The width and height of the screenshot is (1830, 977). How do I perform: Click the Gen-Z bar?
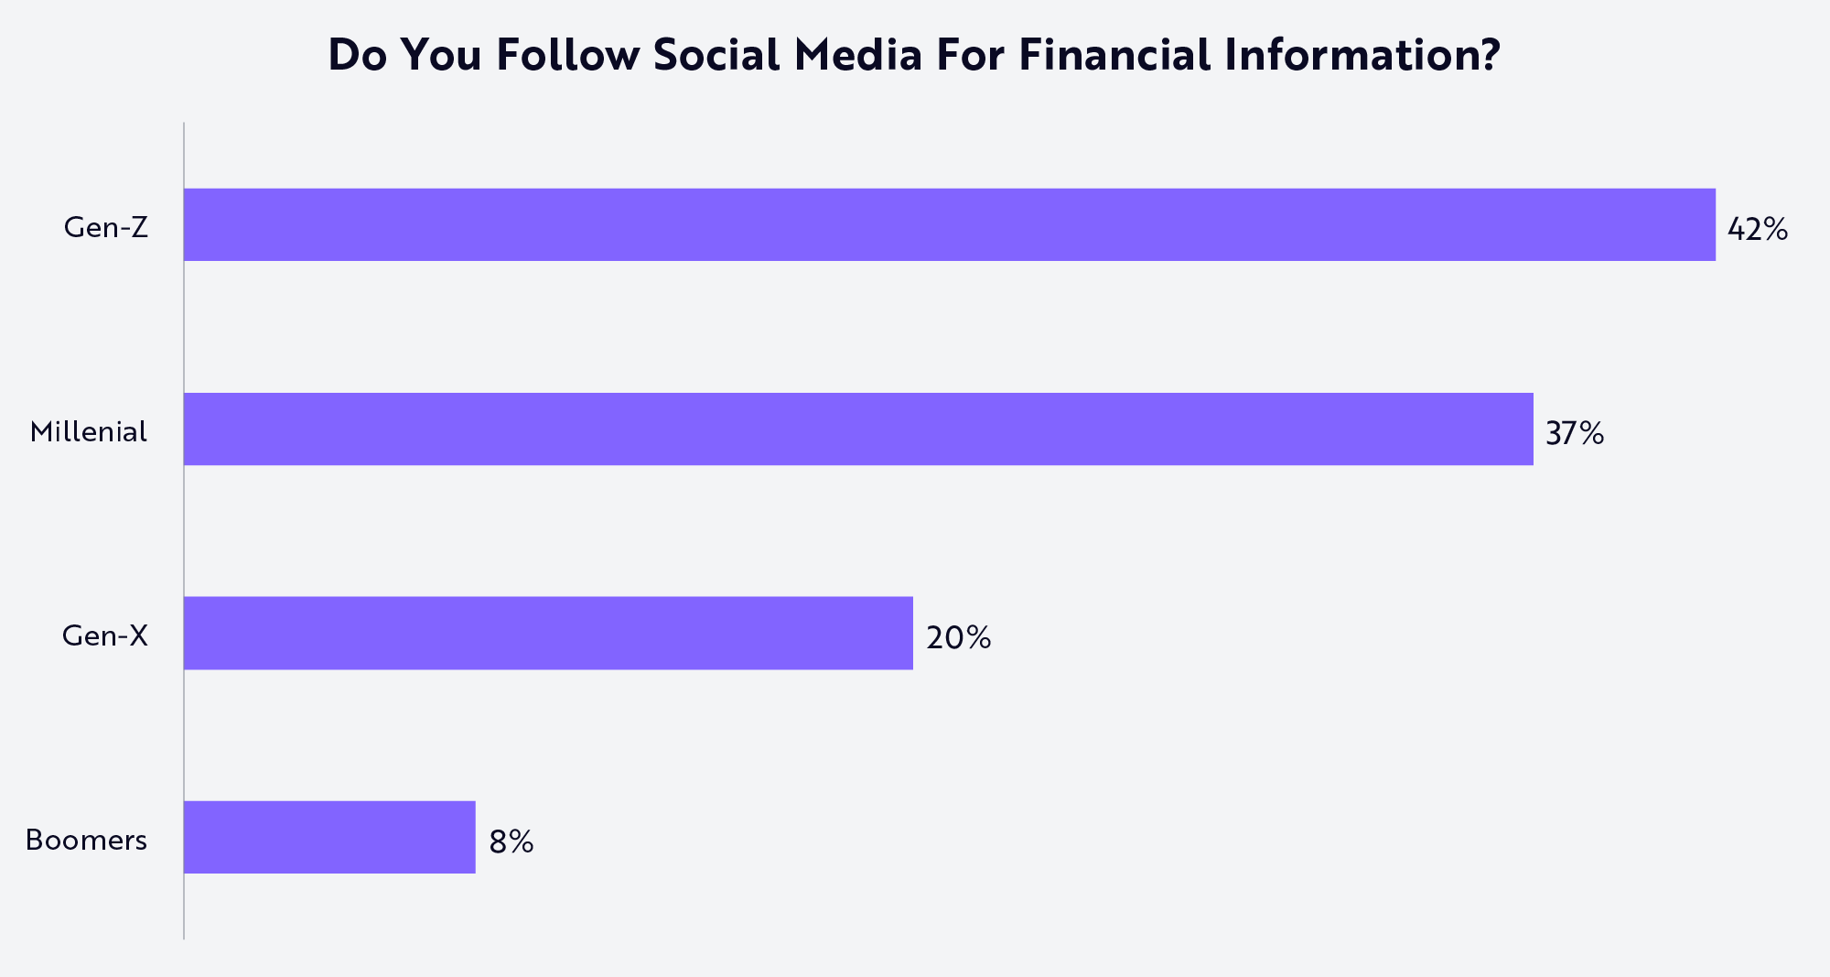[x=949, y=225]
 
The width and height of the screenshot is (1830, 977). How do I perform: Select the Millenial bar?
[x=858, y=429]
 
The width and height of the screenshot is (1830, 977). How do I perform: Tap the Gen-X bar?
[x=548, y=634]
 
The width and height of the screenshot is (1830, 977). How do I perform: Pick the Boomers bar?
[x=329, y=838]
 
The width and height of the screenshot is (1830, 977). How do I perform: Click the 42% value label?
[x=1757, y=229]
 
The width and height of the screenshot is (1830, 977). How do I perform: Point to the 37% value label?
[x=1574, y=433]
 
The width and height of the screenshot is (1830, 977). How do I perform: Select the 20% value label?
[x=958, y=637]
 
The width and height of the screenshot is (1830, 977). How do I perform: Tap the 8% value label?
[x=511, y=841]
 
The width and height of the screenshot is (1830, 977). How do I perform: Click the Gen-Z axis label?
[x=105, y=227]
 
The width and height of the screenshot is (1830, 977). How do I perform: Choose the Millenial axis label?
[x=88, y=431]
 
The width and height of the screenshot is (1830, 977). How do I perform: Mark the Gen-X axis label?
[x=104, y=635]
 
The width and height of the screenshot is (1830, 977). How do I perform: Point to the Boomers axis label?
[x=86, y=840]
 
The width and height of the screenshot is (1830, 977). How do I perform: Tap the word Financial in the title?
[x=1114, y=55]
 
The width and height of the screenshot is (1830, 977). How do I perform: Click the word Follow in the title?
[x=566, y=55]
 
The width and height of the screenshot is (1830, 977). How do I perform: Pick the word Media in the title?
[x=857, y=55]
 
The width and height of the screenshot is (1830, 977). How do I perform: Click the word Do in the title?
[x=357, y=55]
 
